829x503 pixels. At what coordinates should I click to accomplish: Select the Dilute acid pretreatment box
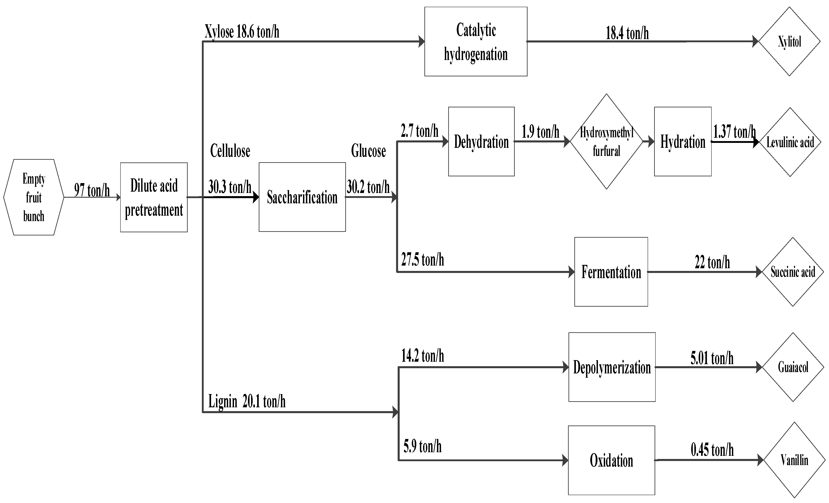pyautogui.click(x=154, y=197)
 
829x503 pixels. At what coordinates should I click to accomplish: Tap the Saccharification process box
pyautogui.click(x=302, y=197)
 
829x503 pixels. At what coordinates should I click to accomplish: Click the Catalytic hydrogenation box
pyautogui.click(x=476, y=42)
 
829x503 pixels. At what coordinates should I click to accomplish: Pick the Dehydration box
pyautogui.click(x=481, y=142)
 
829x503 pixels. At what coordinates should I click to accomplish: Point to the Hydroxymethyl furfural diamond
pyautogui.click(x=606, y=142)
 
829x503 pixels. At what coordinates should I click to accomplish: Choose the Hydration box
pyautogui.click(x=683, y=142)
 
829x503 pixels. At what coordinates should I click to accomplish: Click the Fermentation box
pyautogui.click(x=611, y=272)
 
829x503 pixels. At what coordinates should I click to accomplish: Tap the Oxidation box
pyautogui.click(x=611, y=460)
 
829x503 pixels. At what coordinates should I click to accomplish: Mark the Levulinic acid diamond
pyautogui.click(x=790, y=142)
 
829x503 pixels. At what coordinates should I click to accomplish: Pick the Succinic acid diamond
pyautogui.click(x=793, y=272)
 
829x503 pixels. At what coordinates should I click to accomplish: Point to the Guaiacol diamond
pyautogui.click(x=793, y=367)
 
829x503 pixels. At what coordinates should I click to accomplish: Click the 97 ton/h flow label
pyautogui.click(x=92, y=190)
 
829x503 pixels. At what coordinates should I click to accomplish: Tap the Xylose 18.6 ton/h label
pyautogui.click(x=242, y=32)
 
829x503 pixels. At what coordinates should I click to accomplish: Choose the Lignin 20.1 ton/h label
pyautogui.click(x=247, y=401)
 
